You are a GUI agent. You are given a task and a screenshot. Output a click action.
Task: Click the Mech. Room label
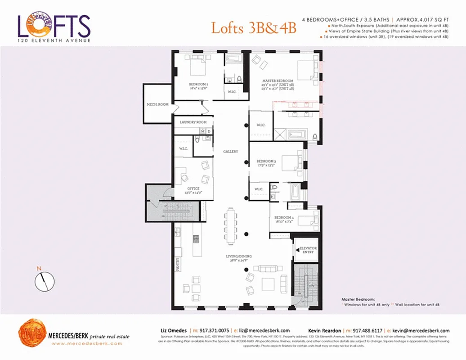(157, 104)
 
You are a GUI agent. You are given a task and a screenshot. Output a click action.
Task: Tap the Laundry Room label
(193, 122)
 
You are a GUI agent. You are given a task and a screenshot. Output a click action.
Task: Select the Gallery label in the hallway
(231, 152)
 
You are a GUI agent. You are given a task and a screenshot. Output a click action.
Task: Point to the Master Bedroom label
(278, 81)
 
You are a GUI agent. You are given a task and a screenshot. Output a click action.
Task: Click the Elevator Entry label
(308, 250)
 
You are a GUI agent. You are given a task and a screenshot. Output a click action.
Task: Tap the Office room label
(193, 189)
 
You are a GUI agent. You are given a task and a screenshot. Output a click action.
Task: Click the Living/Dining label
(238, 257)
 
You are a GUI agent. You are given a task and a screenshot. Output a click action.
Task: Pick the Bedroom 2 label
(198, 84)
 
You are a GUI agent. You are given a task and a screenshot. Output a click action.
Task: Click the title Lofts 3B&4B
(254, 28)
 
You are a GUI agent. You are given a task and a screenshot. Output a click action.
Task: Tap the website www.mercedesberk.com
(87, 343)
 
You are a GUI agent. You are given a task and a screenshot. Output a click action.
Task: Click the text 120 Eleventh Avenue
(54, 40)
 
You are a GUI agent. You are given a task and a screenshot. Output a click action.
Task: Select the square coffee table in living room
(268, 284)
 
